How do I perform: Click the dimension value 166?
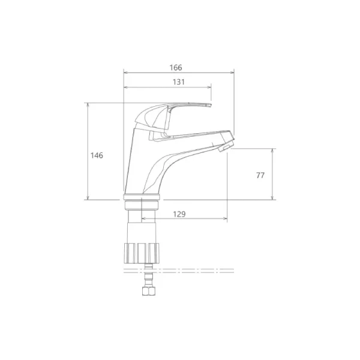point(176,67)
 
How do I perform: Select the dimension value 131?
point(179,82)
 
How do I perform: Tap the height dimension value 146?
point(97,155)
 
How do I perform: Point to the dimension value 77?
point(260,175)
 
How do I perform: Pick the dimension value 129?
point(179,214)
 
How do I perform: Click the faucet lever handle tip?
point(210,105)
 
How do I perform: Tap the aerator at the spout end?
point(226,146)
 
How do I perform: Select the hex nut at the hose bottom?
point(149,292)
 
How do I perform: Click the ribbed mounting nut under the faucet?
point(142,253)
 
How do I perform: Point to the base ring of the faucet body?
point(142,197)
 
